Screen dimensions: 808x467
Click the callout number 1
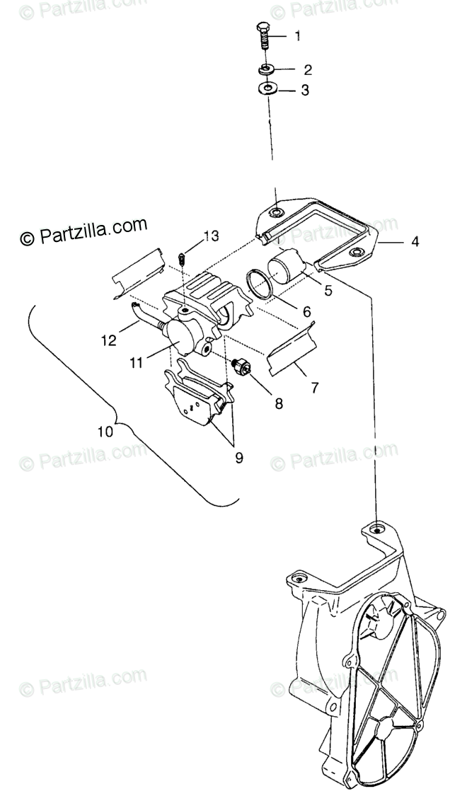coord(297,36)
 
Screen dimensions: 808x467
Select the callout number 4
coord(415,242)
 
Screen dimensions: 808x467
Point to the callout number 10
coord(105,431)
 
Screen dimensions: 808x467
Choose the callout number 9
coord(238,457)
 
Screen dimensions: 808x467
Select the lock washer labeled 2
coord(267,69)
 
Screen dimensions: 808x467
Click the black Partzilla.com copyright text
coord(83,231)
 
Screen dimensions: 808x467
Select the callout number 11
coord(137,362)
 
